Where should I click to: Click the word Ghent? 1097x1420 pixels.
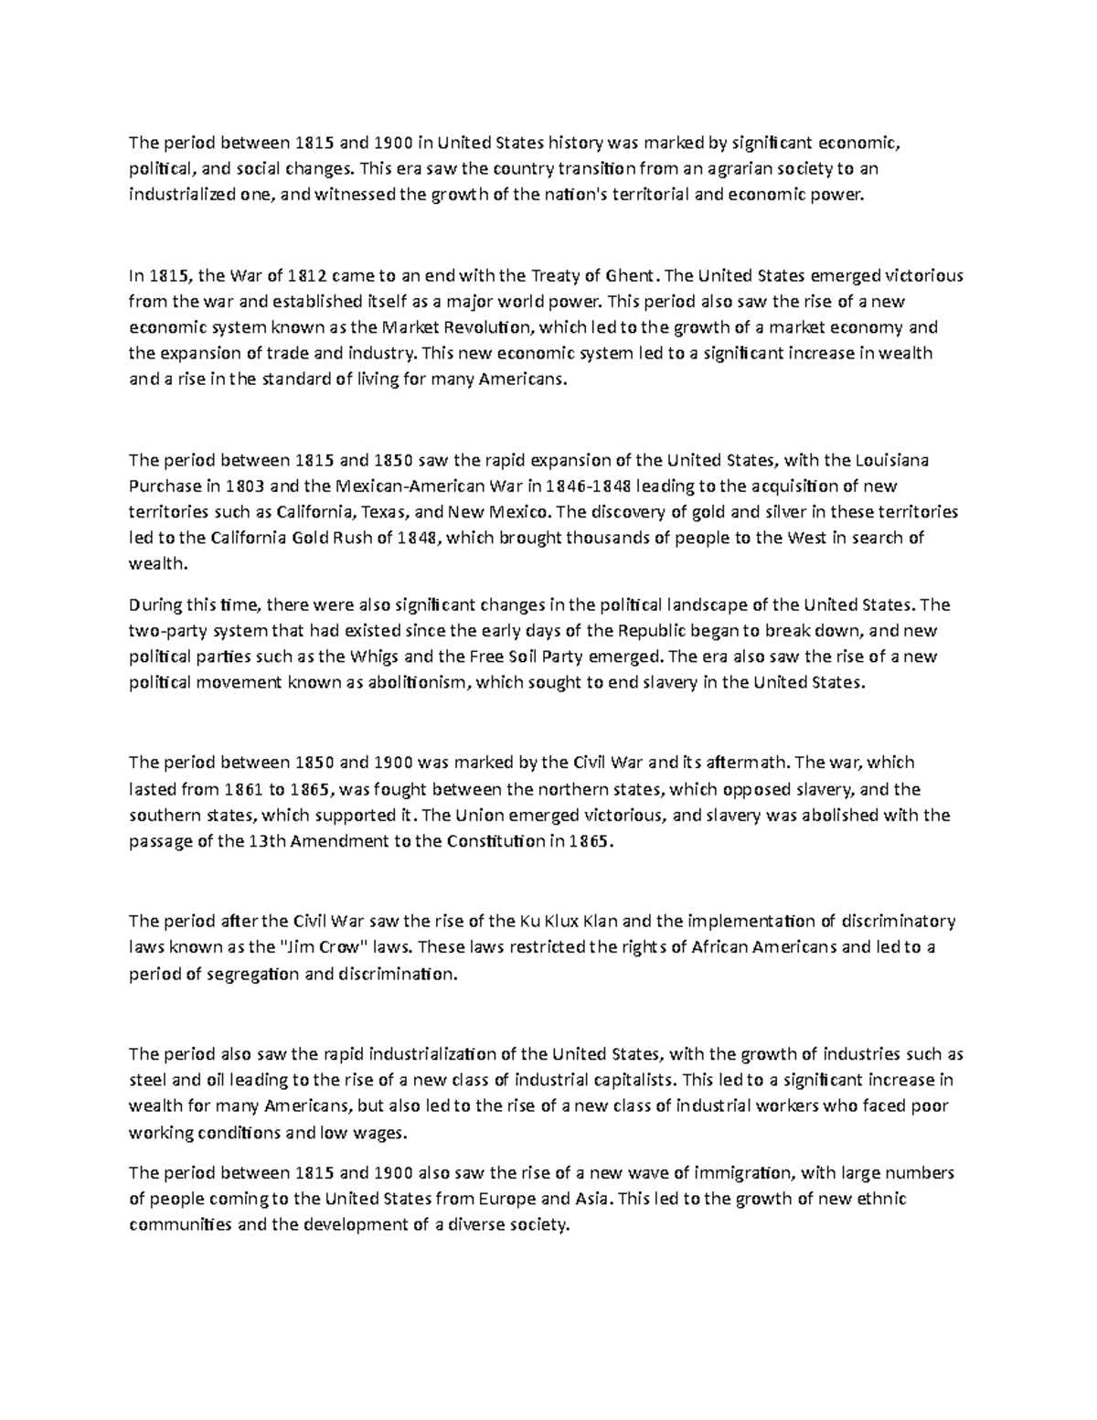pyautogui.click(x=632, y=275)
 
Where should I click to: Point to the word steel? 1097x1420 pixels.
pyautogui.click(x=147, y=1079)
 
